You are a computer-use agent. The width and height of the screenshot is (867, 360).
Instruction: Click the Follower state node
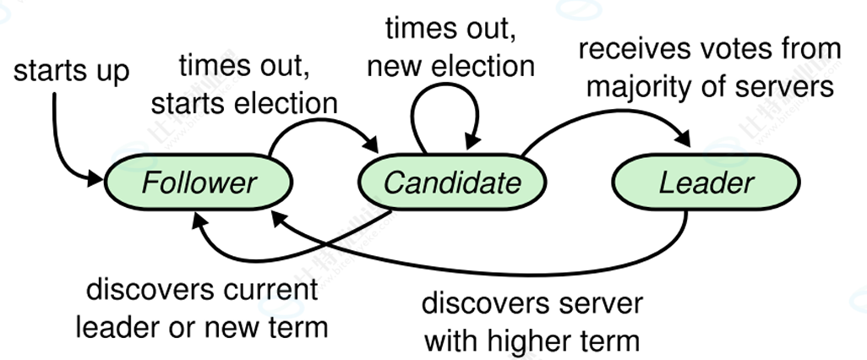tap(199, 182)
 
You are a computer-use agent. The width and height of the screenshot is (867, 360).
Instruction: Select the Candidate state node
tap(452, 182)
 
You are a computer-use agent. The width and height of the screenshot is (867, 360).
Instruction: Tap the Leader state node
tap(706, 182)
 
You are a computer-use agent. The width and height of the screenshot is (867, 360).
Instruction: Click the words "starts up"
tap(71, 71)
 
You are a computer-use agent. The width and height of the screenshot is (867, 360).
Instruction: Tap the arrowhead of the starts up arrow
tap(95, 178)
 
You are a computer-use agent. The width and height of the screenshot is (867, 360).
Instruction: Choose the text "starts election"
tap(244, 103)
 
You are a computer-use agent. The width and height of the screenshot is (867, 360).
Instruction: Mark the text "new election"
tap(450, 67)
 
